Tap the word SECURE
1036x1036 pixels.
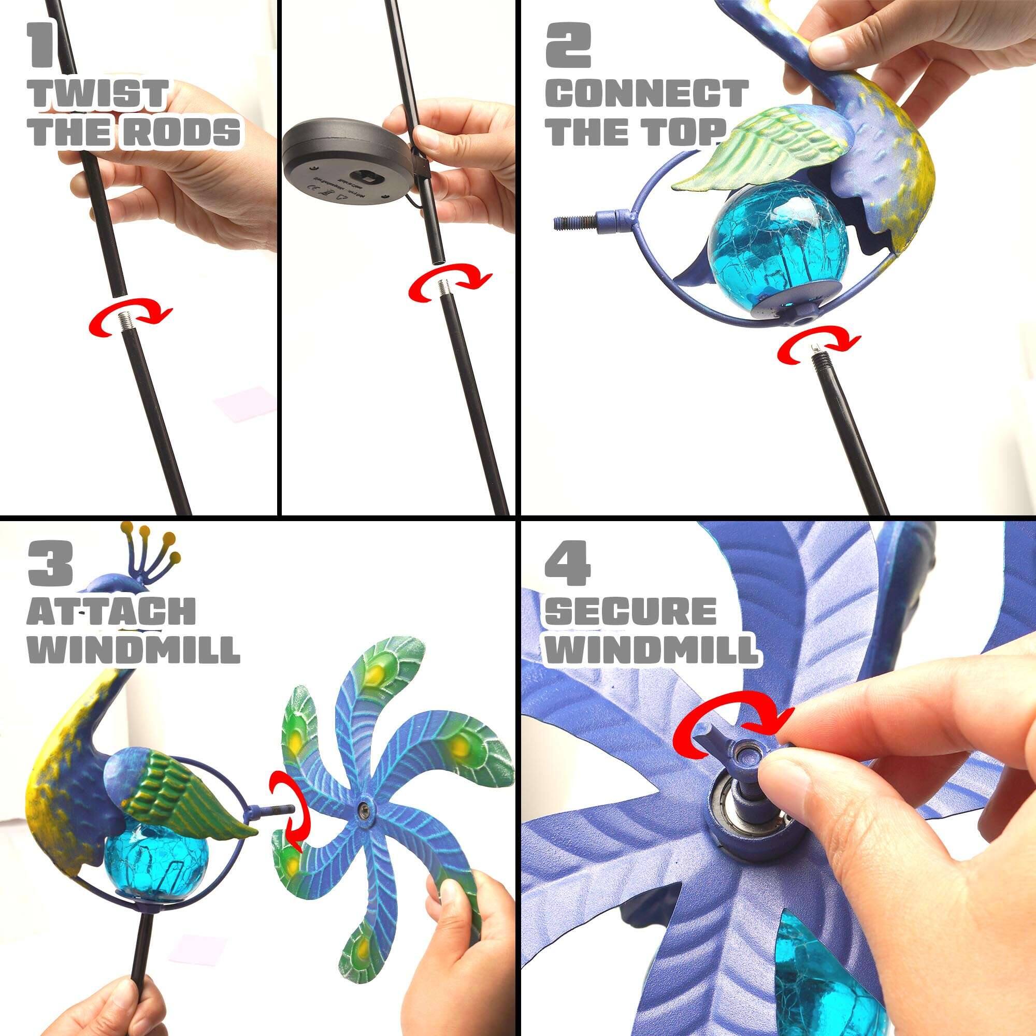[x=634, y=611]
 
